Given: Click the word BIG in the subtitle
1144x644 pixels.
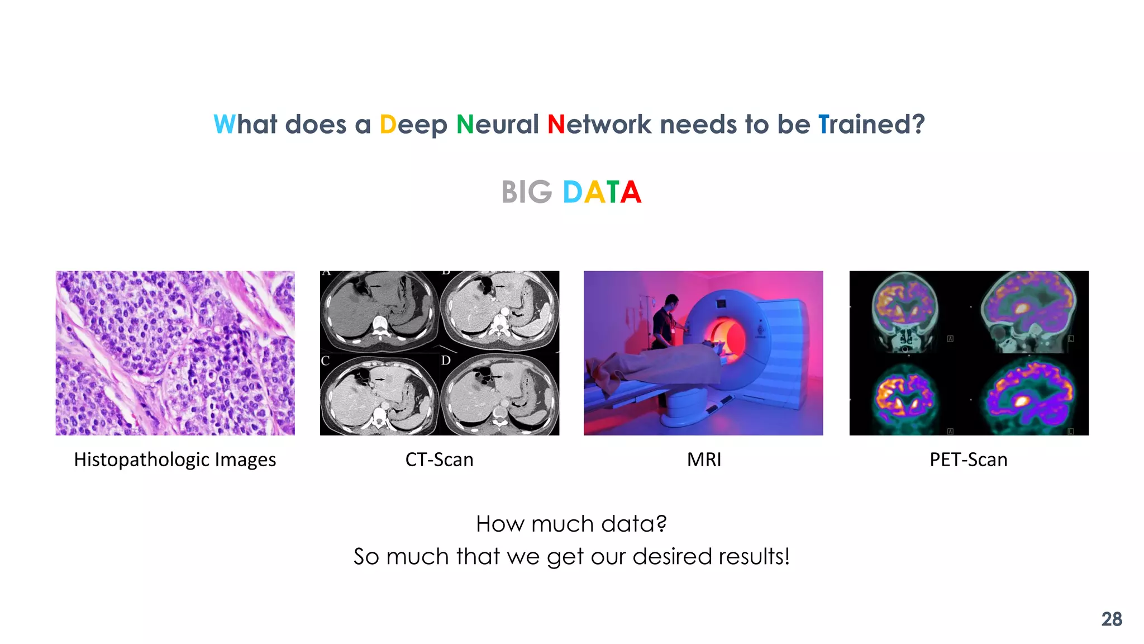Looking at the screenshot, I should (x=526, y=192).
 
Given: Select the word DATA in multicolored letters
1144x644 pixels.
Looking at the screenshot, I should (x=602, y=192).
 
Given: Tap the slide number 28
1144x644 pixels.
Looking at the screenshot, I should (x=1111, y=619).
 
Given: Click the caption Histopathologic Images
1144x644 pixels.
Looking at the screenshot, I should (x=175, y=460).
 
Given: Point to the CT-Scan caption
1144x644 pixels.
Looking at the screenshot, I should (x=439, y=460).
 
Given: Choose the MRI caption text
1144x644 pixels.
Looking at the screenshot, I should (x=704, y=460).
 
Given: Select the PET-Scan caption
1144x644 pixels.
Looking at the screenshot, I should (x=968, y=460).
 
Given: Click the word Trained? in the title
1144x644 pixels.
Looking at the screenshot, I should (x=871, y=124).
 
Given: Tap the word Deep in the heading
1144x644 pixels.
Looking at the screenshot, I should (x=413, y=124).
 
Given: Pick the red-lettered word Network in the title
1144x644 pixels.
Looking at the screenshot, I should (x=599, y=124).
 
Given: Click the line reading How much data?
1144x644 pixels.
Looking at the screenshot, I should (x=571, y=524).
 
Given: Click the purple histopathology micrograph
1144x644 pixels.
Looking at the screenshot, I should (x=175, y=353).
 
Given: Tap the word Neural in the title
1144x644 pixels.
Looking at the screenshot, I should (x=498, y=124).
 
